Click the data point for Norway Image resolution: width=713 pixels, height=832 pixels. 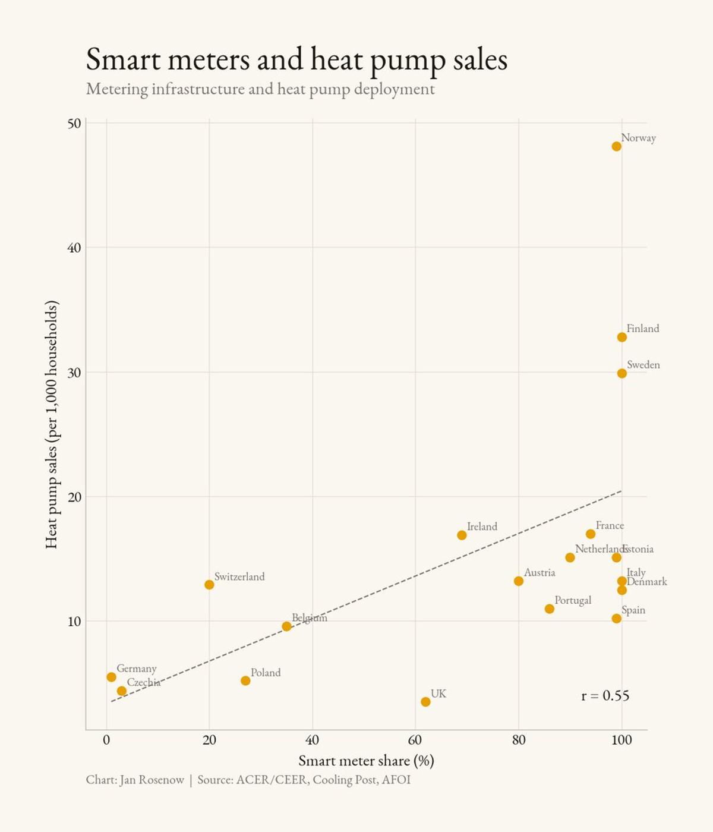pyautogui.click(x=616, y=146)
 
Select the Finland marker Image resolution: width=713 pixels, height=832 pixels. pyautogui.click(x=621, y=337)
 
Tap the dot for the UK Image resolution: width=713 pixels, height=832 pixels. pyautogui.click(x=425, y=702)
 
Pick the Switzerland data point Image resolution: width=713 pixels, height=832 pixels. pyautogui.click(x=209, y=585)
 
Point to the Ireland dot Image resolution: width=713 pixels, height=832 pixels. pyautogui.click(x=462, y=535)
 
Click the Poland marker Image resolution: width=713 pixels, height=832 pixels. pyautogui.click(x=245, y=680)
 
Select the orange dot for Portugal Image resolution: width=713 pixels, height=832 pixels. pyautogui.click(x=550, y=609)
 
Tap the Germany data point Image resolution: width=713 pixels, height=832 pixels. pyautogui.click(x=111, y=677)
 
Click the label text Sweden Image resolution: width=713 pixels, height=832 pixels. pyautogui.click(x=643, y=365)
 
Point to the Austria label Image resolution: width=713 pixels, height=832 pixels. pyautogui.click(x=540, y=572)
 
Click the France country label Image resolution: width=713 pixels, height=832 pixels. pyautogui.click(x=610, y=525)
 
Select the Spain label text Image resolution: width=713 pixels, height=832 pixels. pyautogui.click(x=633, y=610)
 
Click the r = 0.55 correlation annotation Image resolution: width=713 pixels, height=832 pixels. pyautogui.click(x=605, y=695)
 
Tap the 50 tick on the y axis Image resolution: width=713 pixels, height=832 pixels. pyautogui.click(x=74, y=124)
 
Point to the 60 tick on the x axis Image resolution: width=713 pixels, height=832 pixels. pyautogui.click(x=415, y=740)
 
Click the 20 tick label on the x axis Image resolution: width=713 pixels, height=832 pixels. pyautogui.click(x=209, y=740)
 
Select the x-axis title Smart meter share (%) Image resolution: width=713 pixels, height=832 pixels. pyautogui.click(x=366, y=761)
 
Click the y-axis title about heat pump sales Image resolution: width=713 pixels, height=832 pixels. pyautogui.click(x=52, y=424)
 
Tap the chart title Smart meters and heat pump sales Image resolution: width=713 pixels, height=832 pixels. pyautogui.click(x=296, y=59)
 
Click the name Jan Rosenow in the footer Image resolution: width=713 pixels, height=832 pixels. pyautogui.click(x=152, y=780)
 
